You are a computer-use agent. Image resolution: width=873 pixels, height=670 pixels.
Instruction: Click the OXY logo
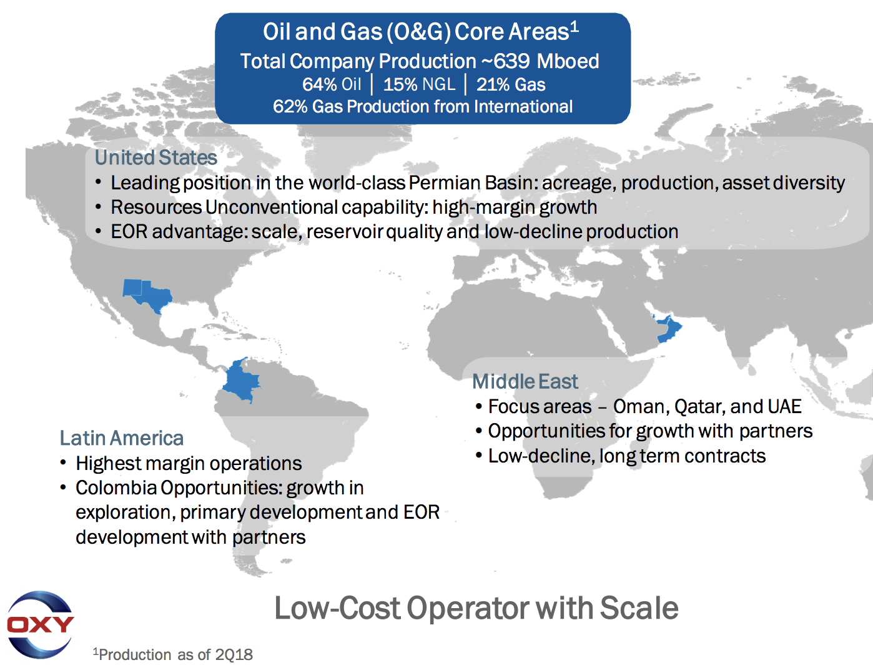point(40,624)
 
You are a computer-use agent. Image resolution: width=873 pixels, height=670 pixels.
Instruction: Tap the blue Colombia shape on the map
point(241,381)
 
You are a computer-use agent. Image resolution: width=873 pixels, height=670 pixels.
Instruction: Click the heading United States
point(156,157)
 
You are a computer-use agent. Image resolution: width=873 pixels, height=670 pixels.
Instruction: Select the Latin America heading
point(121,438)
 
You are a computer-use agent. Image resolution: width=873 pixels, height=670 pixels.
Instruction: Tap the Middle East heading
point(525,381)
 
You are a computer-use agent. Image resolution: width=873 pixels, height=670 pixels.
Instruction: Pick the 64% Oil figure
point(332,84)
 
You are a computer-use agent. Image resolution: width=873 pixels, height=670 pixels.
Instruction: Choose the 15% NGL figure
point(419,84)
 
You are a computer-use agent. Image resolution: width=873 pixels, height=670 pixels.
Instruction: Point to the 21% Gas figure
point(511,84)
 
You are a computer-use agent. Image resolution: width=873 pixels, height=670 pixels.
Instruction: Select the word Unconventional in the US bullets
point(272,207)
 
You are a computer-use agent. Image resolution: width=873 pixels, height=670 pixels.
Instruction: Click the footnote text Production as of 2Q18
point(175,655)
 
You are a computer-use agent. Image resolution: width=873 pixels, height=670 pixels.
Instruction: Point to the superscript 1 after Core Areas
point(575,27)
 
